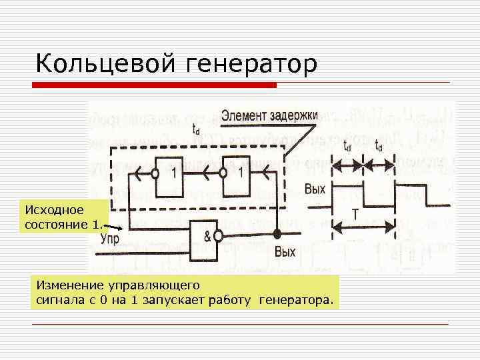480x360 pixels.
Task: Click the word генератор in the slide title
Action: coord(248,64)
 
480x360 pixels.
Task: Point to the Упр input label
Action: coord(110,239)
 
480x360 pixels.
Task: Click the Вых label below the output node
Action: coord(285,253)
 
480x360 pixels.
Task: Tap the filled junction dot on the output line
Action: coord(277,233)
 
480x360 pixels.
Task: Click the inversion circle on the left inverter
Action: coord(154,175)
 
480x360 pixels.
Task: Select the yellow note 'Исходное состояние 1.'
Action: coord(63,216)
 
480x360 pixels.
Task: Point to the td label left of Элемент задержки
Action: coord(195,130)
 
